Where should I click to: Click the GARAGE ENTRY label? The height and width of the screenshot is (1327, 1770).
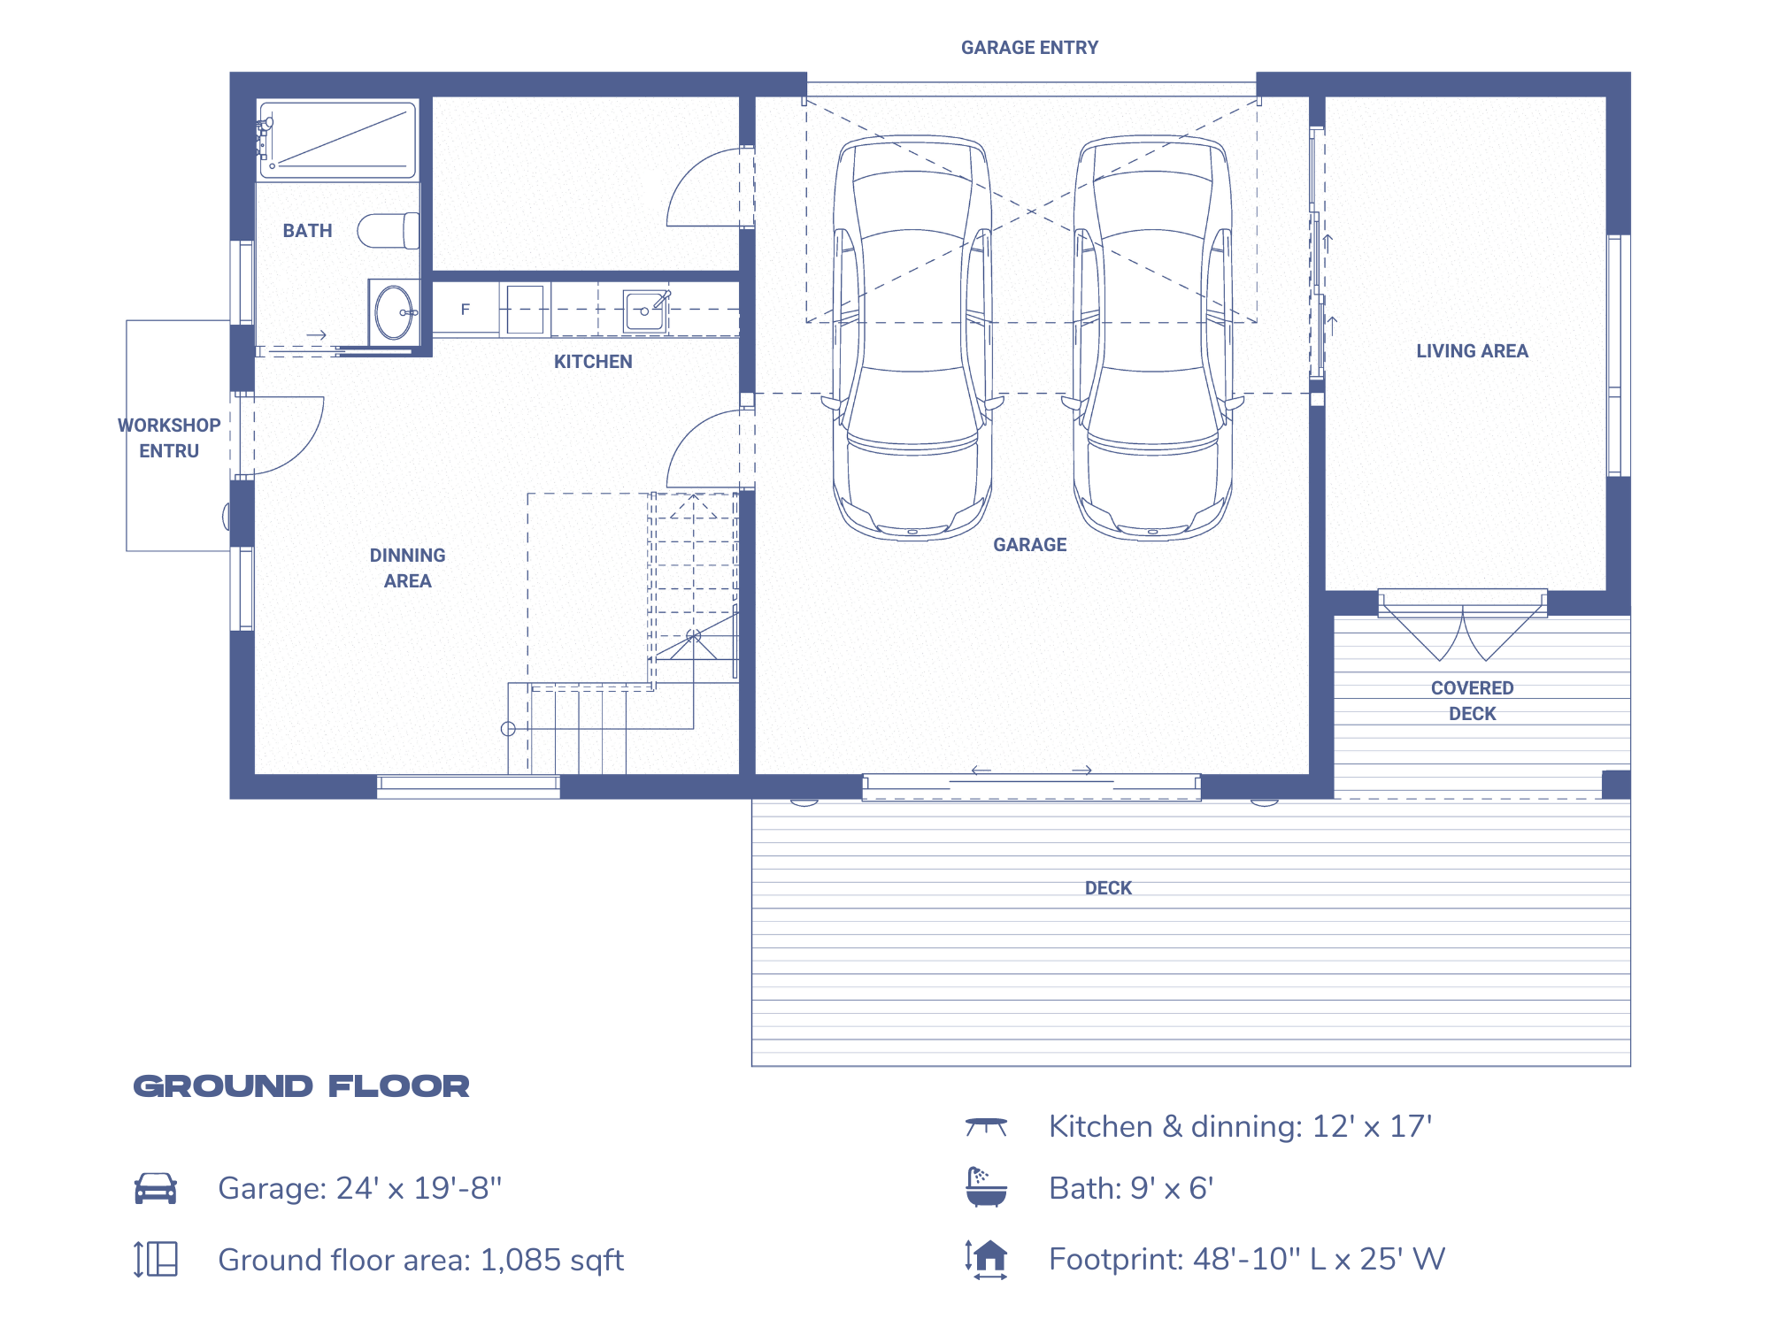[x=1029, y=48]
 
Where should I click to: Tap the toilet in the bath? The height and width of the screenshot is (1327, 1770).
[x=388, y=231]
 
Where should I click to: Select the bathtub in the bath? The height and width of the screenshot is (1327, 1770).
[x=337, y=140]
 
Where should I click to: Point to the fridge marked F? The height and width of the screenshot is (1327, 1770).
[x=466, y=310]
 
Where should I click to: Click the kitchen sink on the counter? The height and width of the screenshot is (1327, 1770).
[x=644, y=311]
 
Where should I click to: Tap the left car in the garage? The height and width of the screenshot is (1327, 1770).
[x=912, y=336]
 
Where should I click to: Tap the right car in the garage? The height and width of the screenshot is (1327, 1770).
[x=1152, y=336]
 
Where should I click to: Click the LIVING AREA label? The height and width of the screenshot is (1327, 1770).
[x=1472, y=351]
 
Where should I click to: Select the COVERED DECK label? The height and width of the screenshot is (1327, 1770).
[x=1472, y=701]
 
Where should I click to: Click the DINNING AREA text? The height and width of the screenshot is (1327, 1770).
[x=407, y=568]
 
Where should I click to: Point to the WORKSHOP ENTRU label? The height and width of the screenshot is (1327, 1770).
[x=169, y=438]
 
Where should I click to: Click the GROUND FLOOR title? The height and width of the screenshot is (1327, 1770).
[x=301, y=1086]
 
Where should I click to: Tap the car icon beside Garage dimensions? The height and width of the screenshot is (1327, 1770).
[x=156, y=1188]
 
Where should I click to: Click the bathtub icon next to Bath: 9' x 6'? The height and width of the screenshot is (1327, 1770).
[x=986, y=1187]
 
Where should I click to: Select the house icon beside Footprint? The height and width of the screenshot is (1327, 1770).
[x=987, y=1258]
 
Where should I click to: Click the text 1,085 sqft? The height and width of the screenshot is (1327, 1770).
[x=551, y=1260]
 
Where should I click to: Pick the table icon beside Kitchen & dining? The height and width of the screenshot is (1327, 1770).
[x=986, y=1126]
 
